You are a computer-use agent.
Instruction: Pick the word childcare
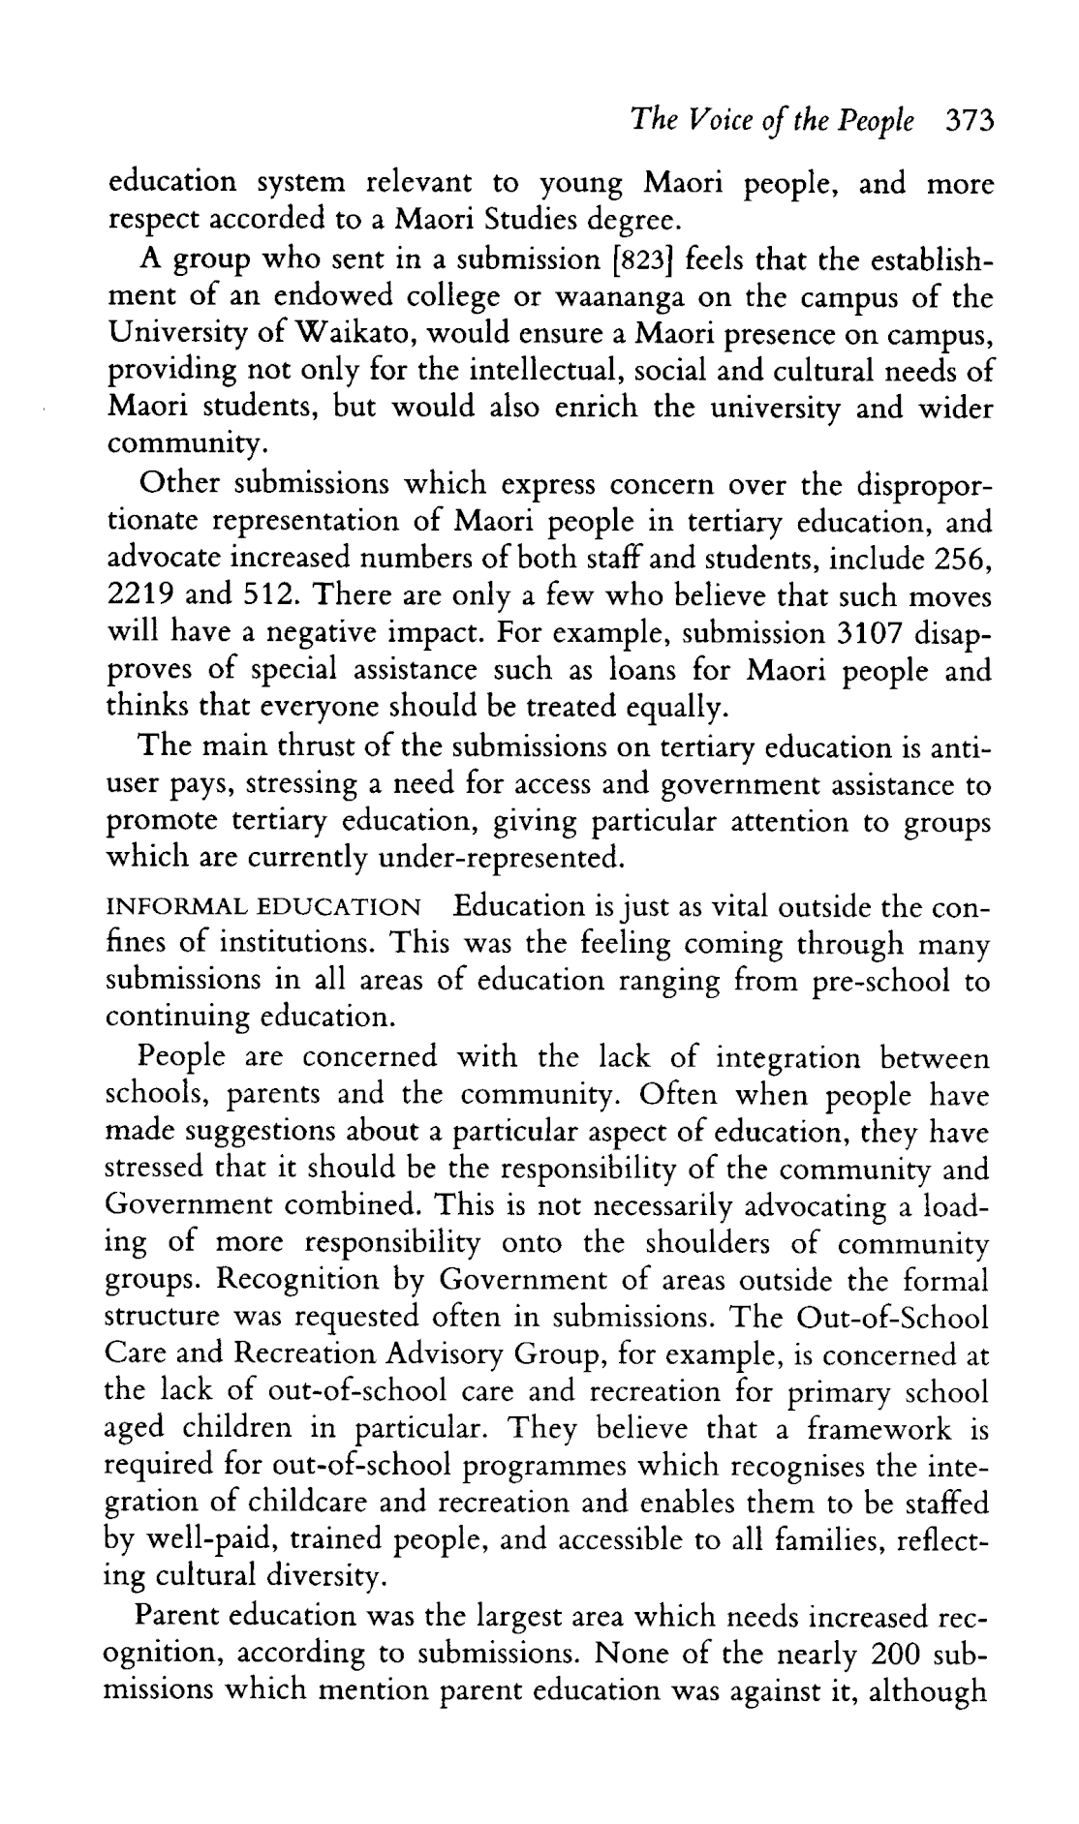[357, 1504]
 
